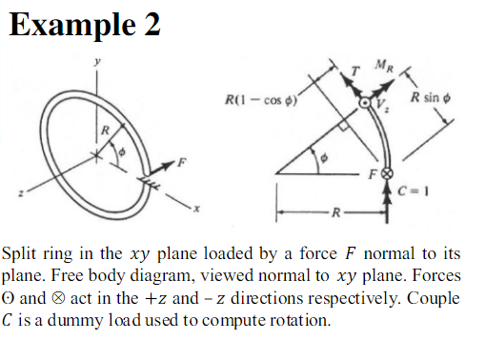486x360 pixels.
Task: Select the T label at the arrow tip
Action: click(x=354, y=72)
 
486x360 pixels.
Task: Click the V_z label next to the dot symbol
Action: click(x=384, y=107)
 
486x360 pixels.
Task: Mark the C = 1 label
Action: click(x=408, y=189)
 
